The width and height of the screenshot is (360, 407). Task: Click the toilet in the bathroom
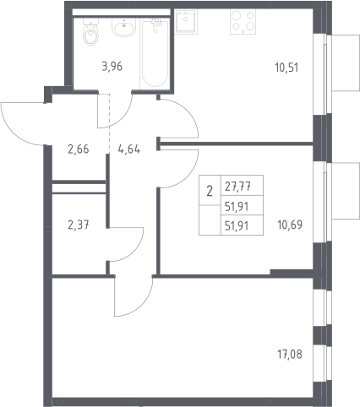point(90,32)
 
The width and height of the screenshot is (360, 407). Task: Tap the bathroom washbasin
point(124,27)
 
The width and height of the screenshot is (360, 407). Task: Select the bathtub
point(155,53)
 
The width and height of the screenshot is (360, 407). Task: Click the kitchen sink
point(186,22)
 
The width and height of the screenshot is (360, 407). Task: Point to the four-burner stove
point(243,22)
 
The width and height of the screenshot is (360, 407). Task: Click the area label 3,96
point(112,67)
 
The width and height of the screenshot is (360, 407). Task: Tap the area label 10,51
point(286,68)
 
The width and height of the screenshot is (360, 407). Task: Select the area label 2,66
point(79,149)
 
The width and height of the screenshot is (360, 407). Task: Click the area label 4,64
point(129,149)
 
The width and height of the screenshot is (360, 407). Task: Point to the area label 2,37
point(79,225)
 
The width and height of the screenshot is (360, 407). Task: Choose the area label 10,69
point(290,225)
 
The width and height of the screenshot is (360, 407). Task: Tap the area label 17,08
point(290,355)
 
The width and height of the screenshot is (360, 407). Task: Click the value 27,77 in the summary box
point(238,186)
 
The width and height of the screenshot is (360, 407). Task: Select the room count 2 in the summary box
point(210,192)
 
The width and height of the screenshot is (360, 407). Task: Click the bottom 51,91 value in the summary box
point(237,225)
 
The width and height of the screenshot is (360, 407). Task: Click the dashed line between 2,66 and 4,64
point(109,123)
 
